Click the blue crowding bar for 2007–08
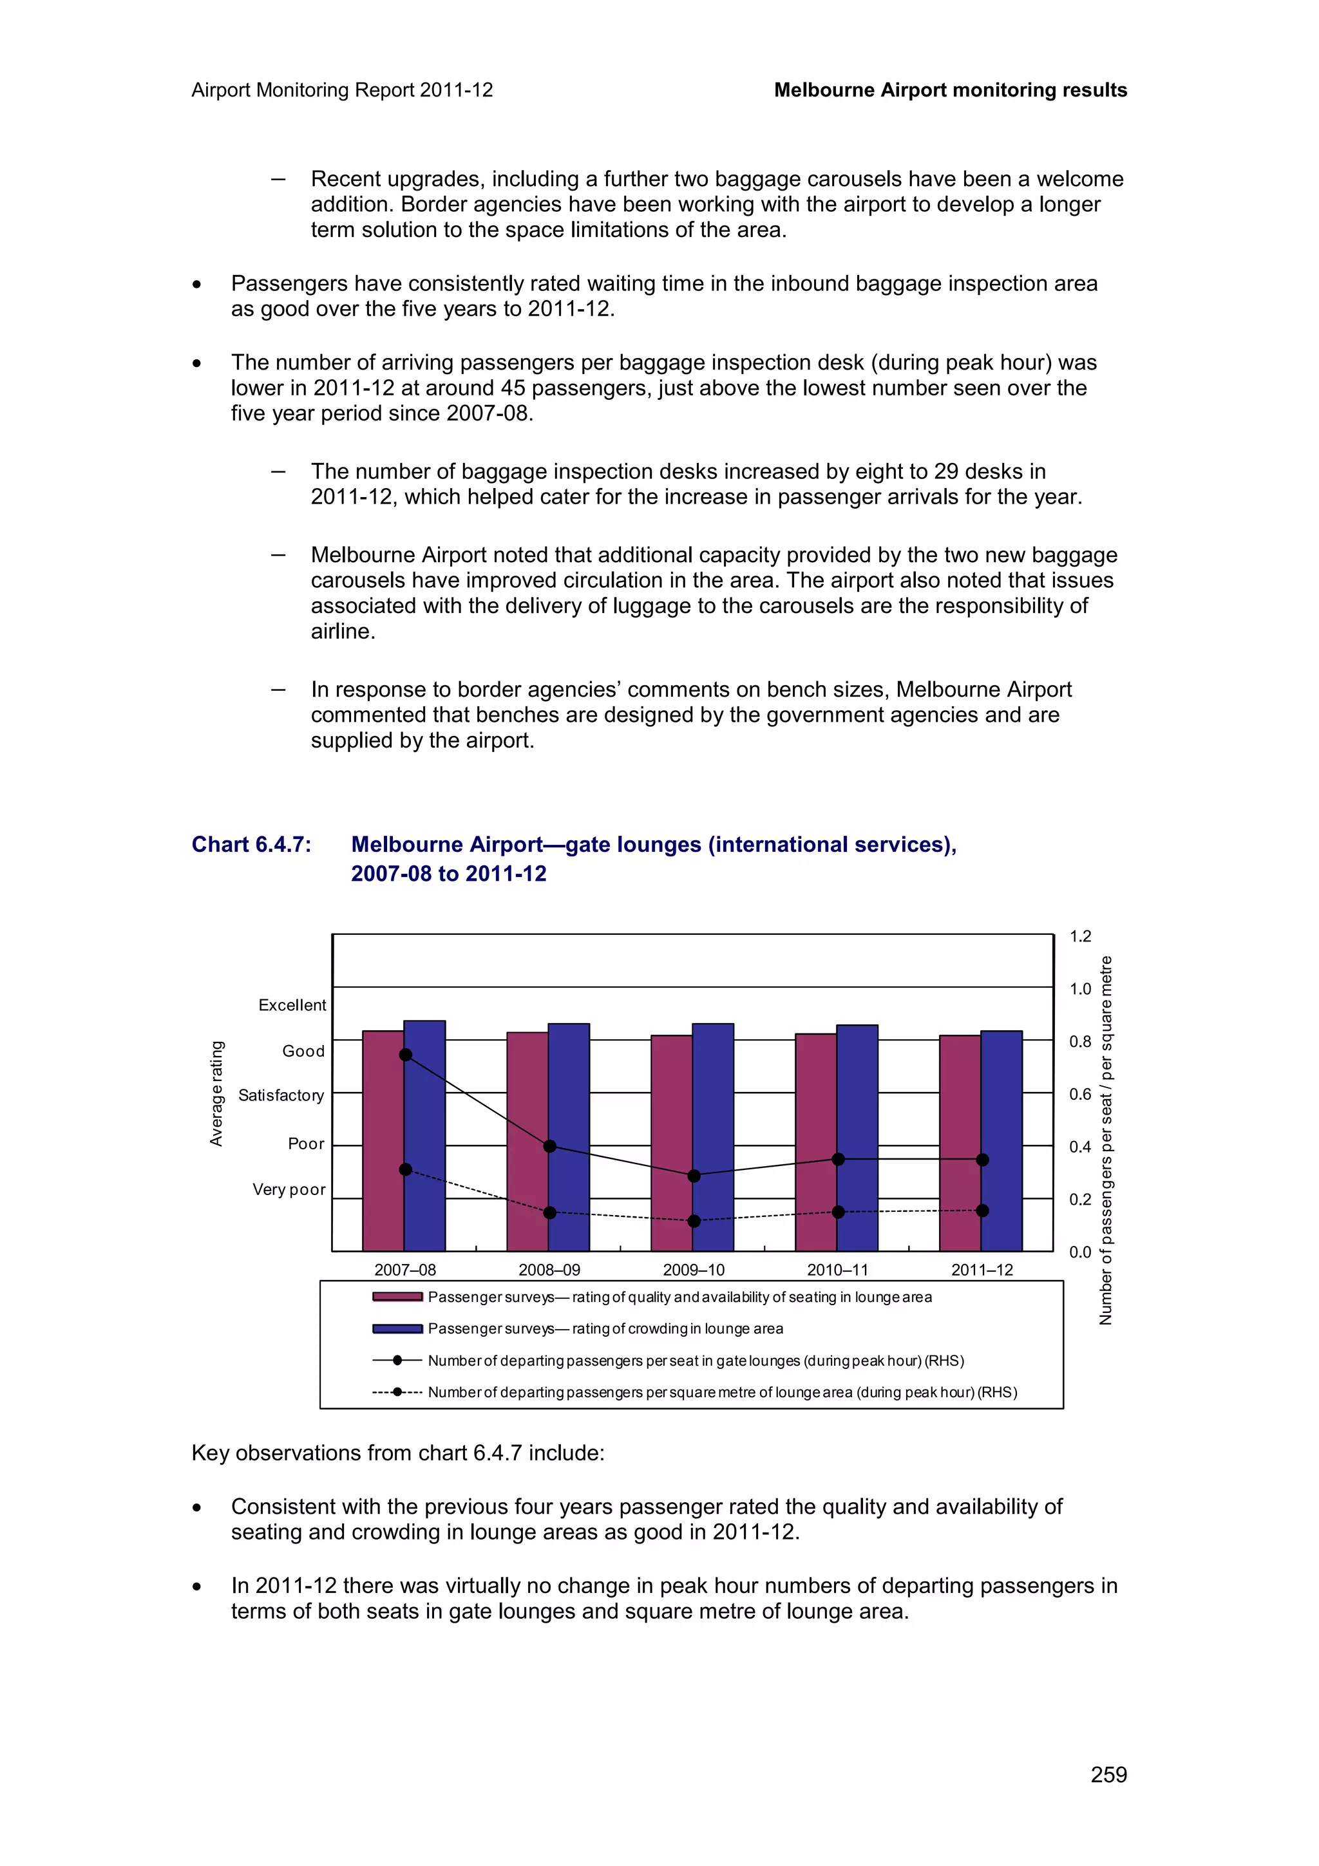(424, 1138)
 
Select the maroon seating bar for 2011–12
(960, 1146)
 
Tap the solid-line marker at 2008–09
(549, 1147)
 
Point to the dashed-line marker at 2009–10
(694, 1221)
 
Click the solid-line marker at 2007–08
(406, 1055)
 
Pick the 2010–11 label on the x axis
(837, 1270)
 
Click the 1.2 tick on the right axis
(1080, 936)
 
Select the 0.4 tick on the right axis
(1080, 1147)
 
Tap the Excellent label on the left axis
(292, 1005)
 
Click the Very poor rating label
(289, 1190)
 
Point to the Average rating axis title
(216, 1093)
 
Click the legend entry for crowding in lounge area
(605, 1329)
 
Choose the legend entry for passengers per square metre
(722, 1392)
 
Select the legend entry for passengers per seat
(695, 1361)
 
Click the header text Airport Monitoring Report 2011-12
(342, 90)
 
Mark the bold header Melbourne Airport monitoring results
(950, 90)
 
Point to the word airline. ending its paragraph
(343, 632)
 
